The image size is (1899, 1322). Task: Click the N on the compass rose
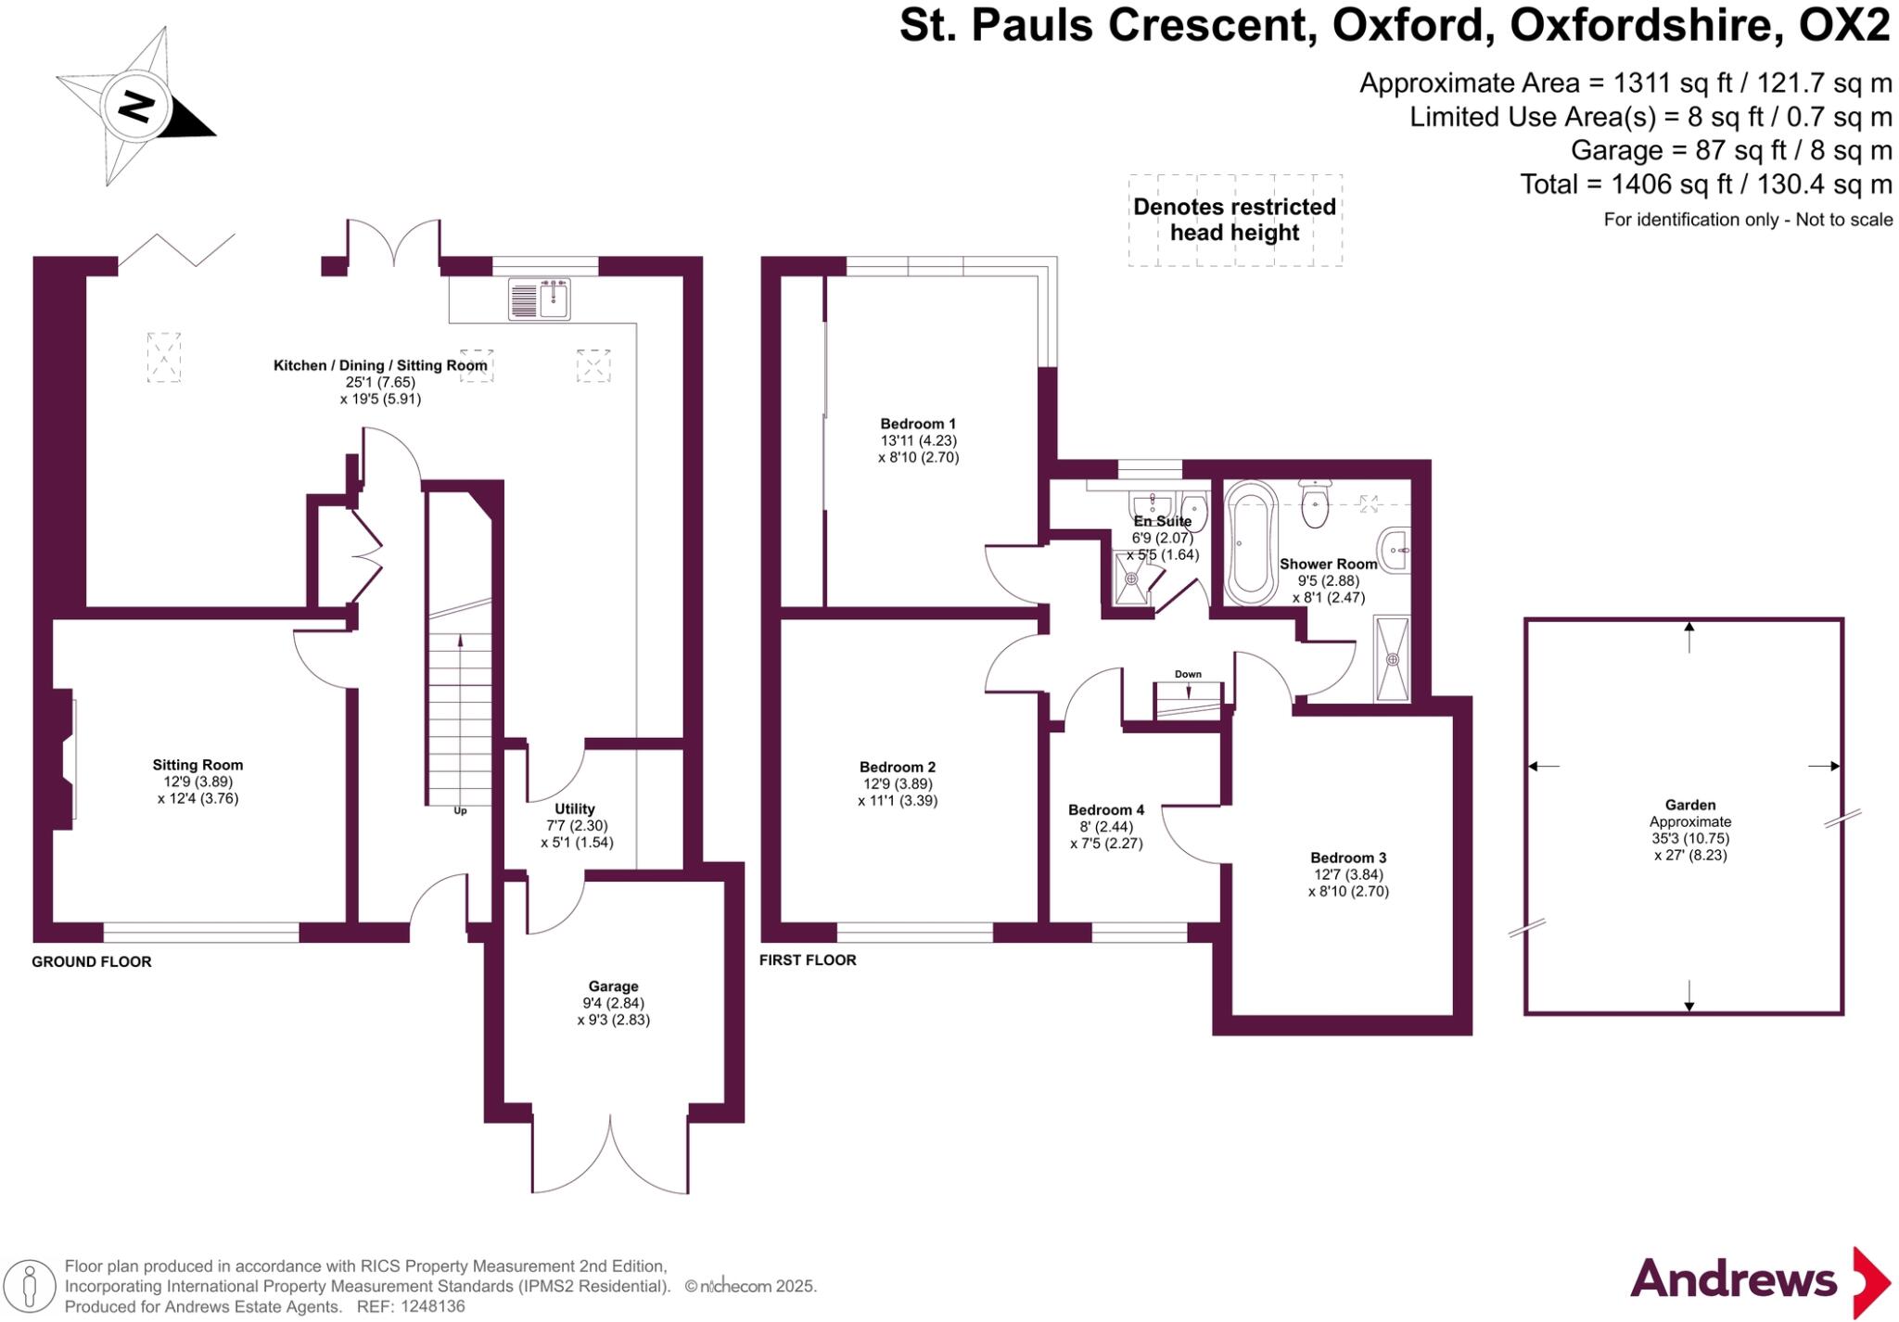pyautogui.click(x=136, y=106)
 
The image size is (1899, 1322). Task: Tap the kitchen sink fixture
pyautogui.click(x=540, y=299)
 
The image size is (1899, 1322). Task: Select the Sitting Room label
pyautogui.click(x=198, y=765)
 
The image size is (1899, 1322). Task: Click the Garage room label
pyautogui.click(x=613, y=986)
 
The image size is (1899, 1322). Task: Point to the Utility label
pyautogui.click(x=574, y=808)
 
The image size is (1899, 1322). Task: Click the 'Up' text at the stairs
pyautogui.click(x=460, y=811)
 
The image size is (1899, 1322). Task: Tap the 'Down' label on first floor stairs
pyautogui.click(x=1188, y=674)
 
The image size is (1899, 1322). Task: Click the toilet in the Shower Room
pyautogui.click(x=1315, y=504)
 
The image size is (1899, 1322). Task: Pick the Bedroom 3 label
pyautogui.click(x=1347, y=858)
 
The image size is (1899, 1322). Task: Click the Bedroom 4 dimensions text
pyautogui.click(x=1106, y=835)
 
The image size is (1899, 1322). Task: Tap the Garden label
pyautogui.click(x=1689, y=805)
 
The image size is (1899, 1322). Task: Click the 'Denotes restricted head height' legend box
pyautogui.click(x=1234, y=220)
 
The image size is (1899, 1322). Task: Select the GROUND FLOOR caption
pyautogui.click(x=92, y=961)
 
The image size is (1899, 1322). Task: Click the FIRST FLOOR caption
pyautogui.click(x=808, y=960)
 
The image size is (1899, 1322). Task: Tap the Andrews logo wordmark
pyautogui.click(x=1733, y=1280)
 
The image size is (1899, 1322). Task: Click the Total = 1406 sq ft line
pyautogui.click(x=1705, y=184)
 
